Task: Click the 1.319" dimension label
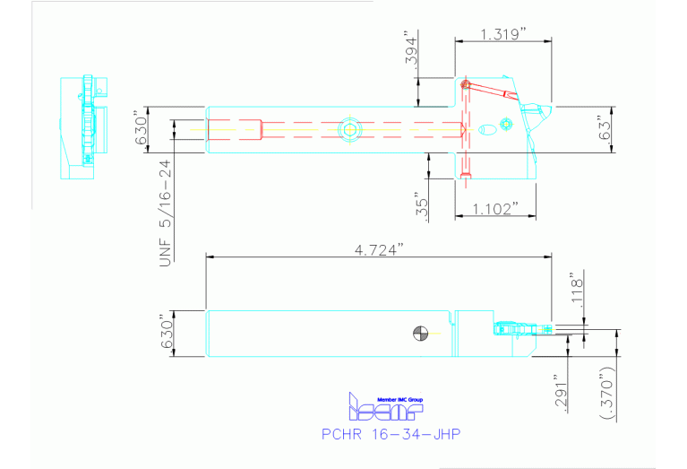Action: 502,33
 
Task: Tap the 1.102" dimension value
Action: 495,208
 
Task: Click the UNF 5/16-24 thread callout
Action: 165,209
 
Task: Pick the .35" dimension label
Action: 423,205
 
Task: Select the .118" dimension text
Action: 577,289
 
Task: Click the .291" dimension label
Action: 561,392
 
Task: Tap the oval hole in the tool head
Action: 488,130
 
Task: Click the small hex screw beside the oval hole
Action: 506,124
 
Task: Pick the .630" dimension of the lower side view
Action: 164,334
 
